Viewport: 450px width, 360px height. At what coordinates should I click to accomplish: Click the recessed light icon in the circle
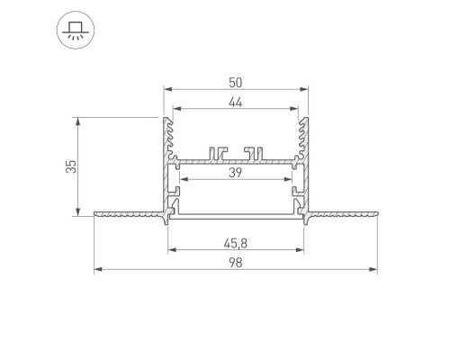coord(76,30)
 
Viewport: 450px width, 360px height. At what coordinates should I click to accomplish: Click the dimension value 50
coord(235,83)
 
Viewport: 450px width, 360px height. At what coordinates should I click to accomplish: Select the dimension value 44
coord(235,103)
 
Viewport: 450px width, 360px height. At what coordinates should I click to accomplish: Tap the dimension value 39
coord(235,173)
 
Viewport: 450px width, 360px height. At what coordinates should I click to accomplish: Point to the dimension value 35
coord(72,166)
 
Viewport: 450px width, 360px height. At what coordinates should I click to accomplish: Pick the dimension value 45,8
coord(236,243)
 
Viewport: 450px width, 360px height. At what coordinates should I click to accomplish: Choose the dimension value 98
coord(236,263)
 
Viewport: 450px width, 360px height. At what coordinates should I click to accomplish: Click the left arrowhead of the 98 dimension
coord(98,269)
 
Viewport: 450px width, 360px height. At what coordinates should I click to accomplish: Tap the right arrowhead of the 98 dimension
coord(373,269)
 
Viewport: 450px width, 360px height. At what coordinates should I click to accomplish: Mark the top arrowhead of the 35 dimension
coord(78,121)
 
